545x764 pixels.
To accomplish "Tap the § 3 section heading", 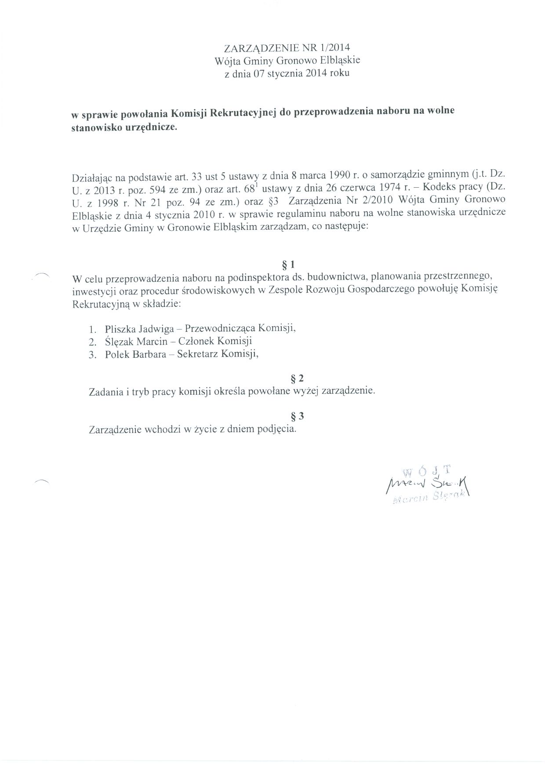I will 298,416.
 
